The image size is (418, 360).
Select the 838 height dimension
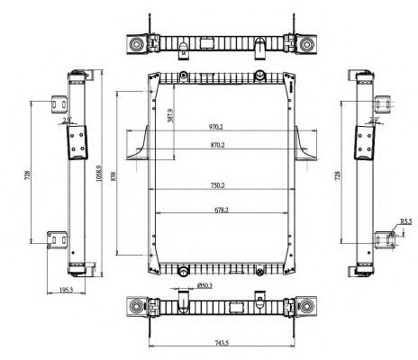114,177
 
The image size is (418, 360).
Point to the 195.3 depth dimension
64,289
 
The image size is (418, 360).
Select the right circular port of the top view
308,43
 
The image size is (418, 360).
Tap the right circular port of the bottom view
308,308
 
